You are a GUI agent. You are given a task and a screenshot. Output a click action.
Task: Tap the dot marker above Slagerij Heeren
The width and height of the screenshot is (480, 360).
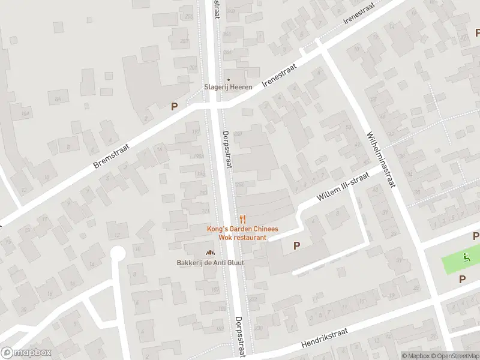point(227,79)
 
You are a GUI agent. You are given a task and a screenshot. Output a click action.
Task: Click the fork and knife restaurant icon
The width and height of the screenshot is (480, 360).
point(242,220)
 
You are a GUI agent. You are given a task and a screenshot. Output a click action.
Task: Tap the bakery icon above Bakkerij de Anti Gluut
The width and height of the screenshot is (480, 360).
point(210,253)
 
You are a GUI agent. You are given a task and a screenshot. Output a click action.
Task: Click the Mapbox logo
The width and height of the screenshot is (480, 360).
point(25,353)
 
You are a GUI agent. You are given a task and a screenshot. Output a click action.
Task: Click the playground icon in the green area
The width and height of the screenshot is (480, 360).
point(466,259)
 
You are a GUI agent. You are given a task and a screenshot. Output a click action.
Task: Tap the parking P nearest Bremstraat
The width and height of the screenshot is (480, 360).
point(175,107)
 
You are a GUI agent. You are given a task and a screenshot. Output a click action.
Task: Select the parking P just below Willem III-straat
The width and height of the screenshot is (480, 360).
point(296,245)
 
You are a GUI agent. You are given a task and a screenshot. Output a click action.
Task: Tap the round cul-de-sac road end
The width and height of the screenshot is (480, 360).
point(118,254)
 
